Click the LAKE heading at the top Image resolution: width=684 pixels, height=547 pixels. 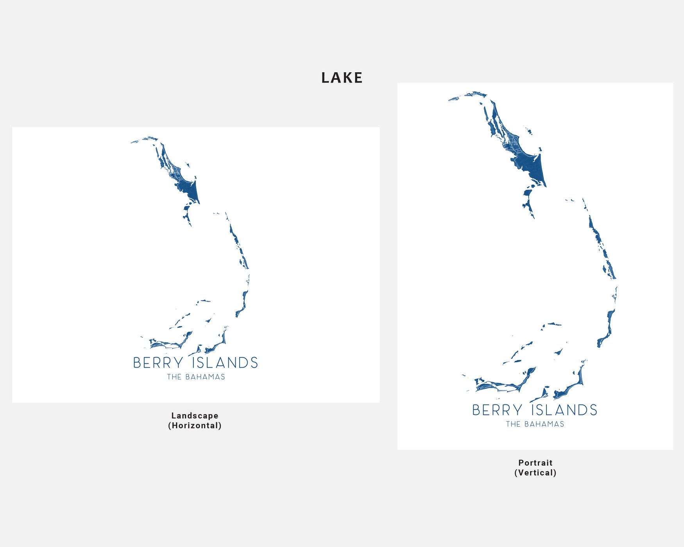342,78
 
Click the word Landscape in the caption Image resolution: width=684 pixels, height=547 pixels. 195,416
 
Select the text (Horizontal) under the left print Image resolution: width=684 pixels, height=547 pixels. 195,425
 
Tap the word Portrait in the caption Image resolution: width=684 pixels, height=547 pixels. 535,463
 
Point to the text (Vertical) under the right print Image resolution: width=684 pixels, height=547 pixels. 535,473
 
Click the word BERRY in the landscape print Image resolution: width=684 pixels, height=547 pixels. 158,363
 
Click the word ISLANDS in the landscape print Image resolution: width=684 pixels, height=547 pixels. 225,363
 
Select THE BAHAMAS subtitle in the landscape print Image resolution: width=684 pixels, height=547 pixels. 196,377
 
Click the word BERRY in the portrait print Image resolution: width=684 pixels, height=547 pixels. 497,410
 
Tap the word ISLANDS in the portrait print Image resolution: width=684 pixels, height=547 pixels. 564,410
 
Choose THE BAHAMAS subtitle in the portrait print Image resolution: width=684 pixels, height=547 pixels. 535,424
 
